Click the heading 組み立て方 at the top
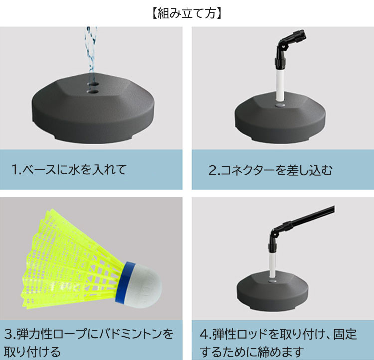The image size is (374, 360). point(187,13)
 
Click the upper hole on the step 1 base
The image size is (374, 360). point(93,84)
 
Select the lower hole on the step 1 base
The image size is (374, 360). point(93,91)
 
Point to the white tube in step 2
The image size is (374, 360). point(280,85)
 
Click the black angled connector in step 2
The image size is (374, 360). point(288,48)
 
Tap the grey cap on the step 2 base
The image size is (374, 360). point(280,105)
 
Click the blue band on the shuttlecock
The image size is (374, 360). point(125,283)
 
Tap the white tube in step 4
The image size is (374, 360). point(272,264)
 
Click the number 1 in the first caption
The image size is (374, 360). point(14,170)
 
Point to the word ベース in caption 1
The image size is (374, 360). point(39,170)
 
